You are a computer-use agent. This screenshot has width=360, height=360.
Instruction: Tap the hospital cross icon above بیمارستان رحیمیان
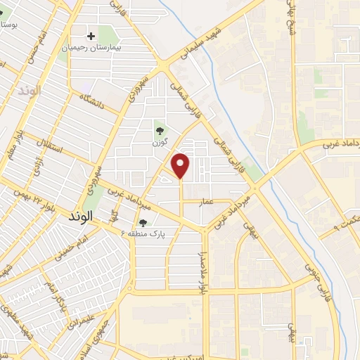click(x=91, y=35)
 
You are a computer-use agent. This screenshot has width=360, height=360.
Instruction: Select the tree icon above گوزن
click(x=161, y=129)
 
